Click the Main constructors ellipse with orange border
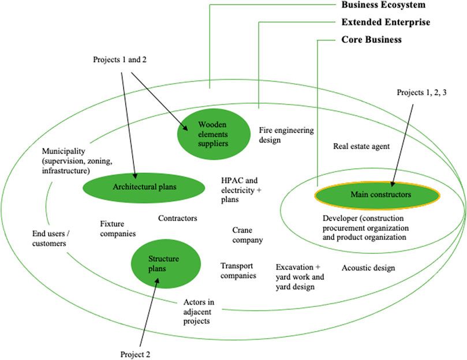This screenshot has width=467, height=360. (x=380, y=195)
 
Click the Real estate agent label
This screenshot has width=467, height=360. (x=361, y=147)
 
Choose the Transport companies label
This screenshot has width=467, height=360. (x=238, y=271)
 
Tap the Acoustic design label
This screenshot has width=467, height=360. (x=368, y=268)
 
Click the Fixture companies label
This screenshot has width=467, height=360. (x=118, y=228)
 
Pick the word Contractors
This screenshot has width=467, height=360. (x=178, y=219)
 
